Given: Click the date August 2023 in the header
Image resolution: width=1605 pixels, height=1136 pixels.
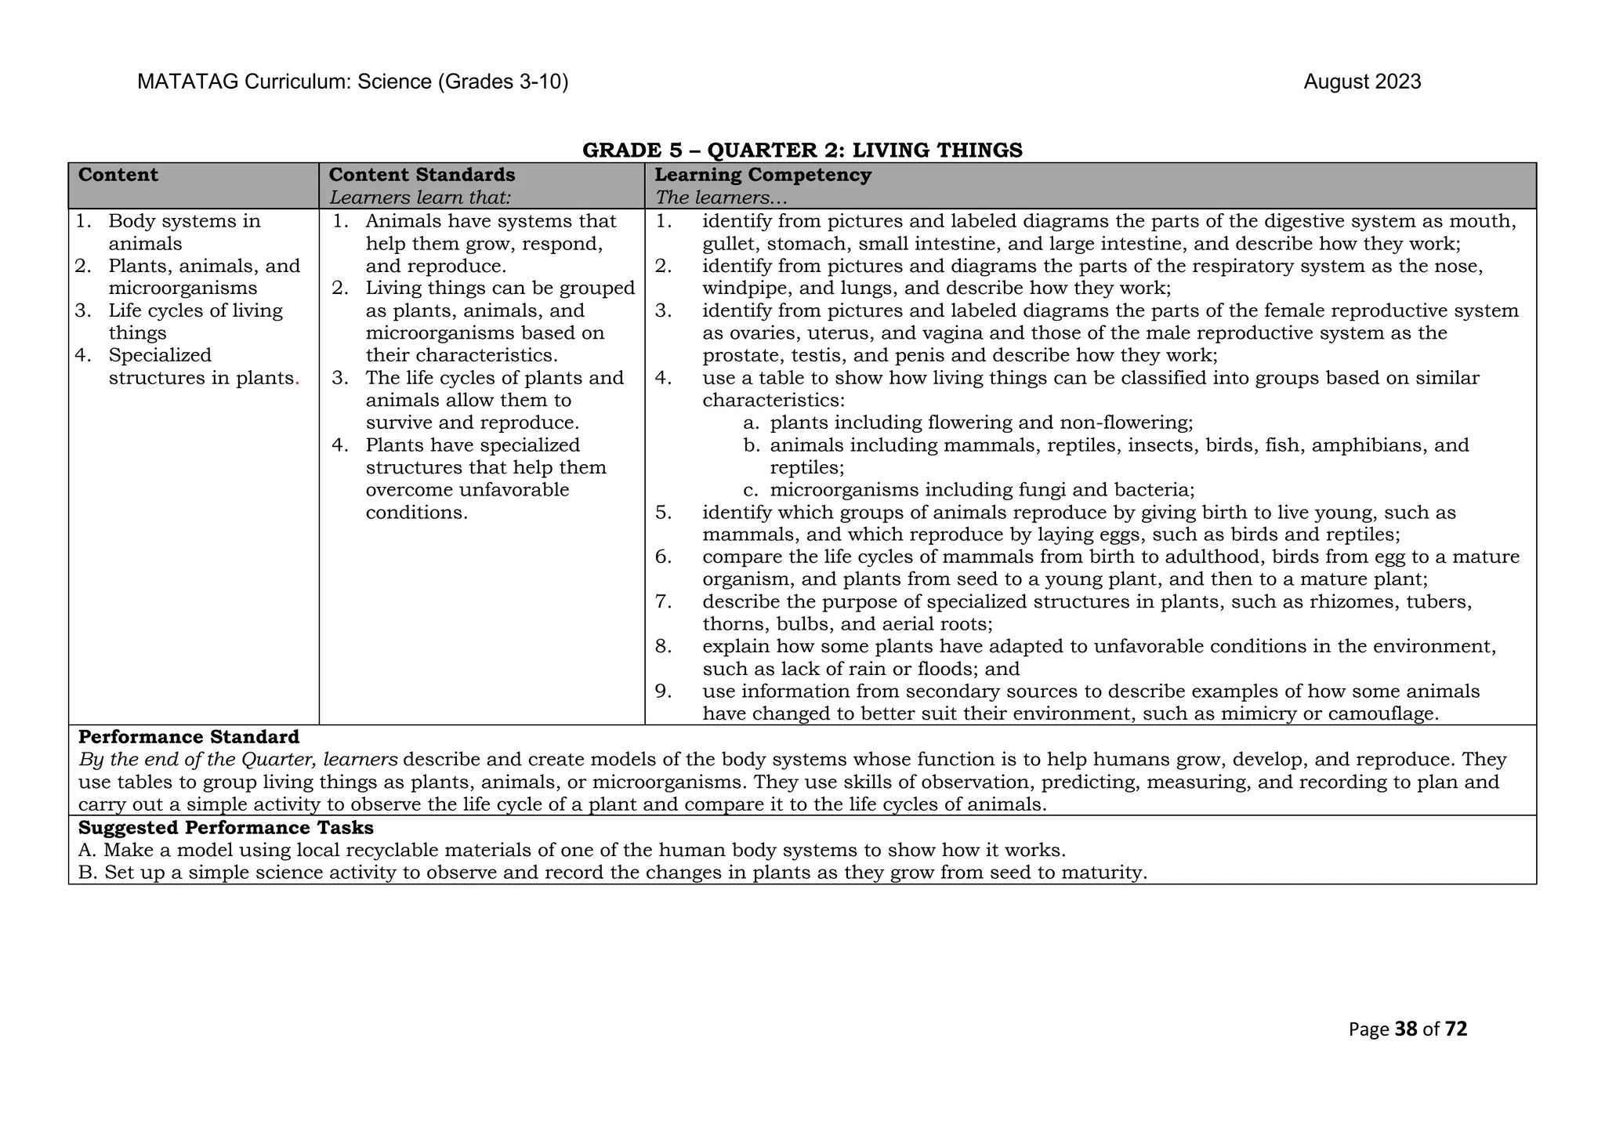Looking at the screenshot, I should tap(1362, 82).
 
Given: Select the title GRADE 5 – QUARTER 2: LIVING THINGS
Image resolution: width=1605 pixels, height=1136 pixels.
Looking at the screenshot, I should tap(802, 150).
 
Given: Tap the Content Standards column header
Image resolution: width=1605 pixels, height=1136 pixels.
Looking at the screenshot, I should tap(422, 175).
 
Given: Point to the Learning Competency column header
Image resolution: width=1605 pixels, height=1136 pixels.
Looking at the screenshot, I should tap(763, 175).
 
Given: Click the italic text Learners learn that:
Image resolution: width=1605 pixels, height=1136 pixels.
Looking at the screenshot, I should tap(420, 198).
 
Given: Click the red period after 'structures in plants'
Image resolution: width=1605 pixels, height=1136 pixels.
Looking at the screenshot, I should tap(297, 379).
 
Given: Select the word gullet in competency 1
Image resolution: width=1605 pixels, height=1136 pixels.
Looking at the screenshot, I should tap(728, 244).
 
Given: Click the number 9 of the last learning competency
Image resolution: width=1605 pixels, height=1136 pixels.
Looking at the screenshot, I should tap(663, 691).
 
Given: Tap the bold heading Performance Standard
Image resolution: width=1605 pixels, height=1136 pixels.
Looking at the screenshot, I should tap(189, 737).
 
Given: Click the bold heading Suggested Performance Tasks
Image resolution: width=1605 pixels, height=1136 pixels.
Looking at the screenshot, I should tap(226, 828).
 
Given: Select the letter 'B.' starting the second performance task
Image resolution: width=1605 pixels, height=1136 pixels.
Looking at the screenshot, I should tap(88, 873).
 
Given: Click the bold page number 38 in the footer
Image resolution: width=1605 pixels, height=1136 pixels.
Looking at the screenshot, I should tap(1407, 1029).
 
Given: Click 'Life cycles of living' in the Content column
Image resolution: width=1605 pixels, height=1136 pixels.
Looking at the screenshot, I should tap(195, 310).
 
